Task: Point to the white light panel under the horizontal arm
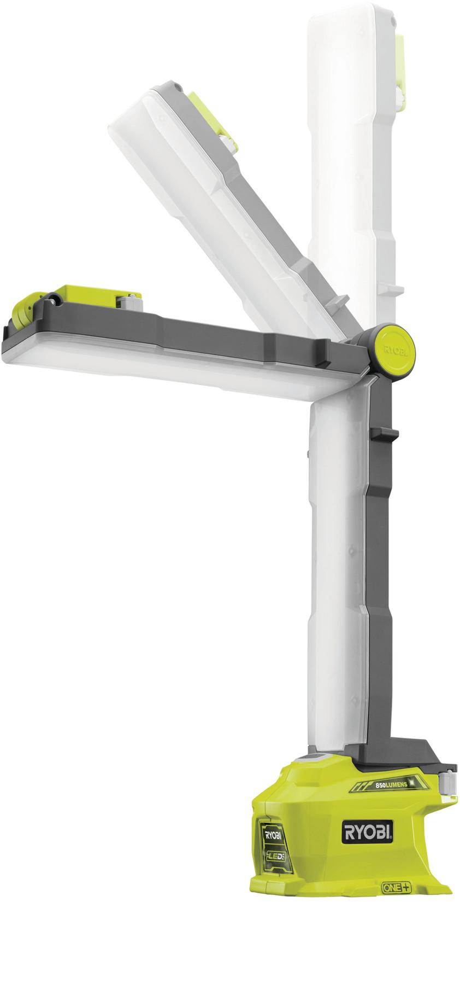tap(164, 373)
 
